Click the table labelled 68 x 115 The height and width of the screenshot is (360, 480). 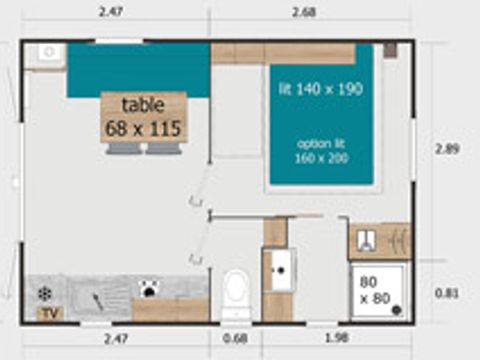click(144, 116)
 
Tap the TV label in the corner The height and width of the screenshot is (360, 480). click(47, 314)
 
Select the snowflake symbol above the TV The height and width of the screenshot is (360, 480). click(45, 293)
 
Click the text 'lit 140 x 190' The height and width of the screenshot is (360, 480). click(320, 89)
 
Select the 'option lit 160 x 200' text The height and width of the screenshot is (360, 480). click(320, 149)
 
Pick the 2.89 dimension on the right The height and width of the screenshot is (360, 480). click(448, 148)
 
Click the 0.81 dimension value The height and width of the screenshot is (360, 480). click(448, 293)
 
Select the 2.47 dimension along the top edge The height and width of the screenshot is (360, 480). click(112, 12)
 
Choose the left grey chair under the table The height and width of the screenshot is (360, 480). click(125, 148)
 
